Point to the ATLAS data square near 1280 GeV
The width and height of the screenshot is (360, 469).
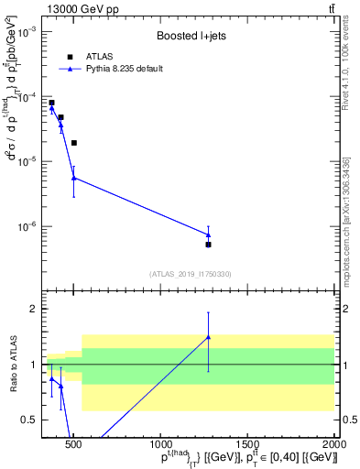pos(209,245)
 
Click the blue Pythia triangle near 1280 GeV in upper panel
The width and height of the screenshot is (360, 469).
pos(209,234)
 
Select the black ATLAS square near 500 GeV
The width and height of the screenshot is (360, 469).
pos(73,143)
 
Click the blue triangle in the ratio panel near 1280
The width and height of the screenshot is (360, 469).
pos(209,337)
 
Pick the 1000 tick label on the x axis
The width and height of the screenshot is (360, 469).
pos(160,445)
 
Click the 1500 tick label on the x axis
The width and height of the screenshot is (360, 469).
pos(248,445)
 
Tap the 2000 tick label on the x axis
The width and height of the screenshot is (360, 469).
pos(335,445)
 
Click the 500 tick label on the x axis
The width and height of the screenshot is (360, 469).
pos(73,445)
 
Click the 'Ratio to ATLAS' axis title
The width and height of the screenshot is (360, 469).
pos(11,365)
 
